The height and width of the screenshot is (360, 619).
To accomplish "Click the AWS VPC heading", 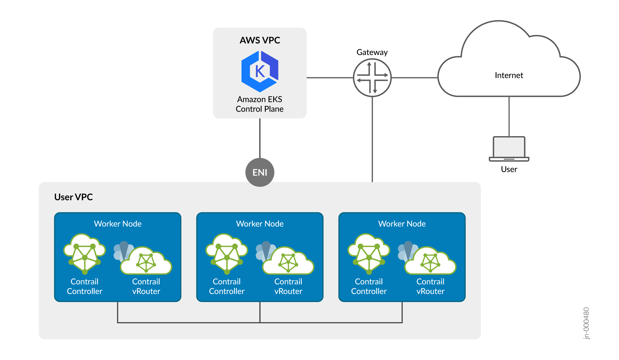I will (x=260, y=40).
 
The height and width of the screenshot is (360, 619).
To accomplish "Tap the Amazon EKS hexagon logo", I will (x=260, y=72).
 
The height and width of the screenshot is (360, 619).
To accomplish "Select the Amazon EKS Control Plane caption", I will (x=260, y=104).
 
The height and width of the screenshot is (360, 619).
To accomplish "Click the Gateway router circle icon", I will (x=372, y=78).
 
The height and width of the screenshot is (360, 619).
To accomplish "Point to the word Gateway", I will (x=372, y=52).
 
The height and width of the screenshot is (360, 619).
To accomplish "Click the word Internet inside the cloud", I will (x=509, y=75).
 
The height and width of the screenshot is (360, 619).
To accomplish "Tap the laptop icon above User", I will (x=509, y=149).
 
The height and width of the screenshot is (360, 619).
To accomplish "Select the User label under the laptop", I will (x=509, y=169).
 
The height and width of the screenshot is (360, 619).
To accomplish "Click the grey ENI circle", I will (x=260, y=172).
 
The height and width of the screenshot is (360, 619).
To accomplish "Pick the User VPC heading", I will (x=73, y=197).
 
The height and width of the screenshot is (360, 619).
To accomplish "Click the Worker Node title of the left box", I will (x=118, y=224).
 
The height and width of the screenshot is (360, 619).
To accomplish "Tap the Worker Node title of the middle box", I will (x=260, y=224).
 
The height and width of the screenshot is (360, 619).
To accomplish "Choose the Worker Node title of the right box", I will (x=402, y=224).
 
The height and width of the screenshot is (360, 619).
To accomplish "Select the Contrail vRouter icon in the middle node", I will (x=286, y=260).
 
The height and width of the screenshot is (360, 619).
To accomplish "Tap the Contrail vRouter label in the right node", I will (x=430, y=286).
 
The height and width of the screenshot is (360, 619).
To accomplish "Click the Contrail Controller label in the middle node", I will (x=227, y=286).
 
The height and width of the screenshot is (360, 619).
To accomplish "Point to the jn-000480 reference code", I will (x=586, y=323).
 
